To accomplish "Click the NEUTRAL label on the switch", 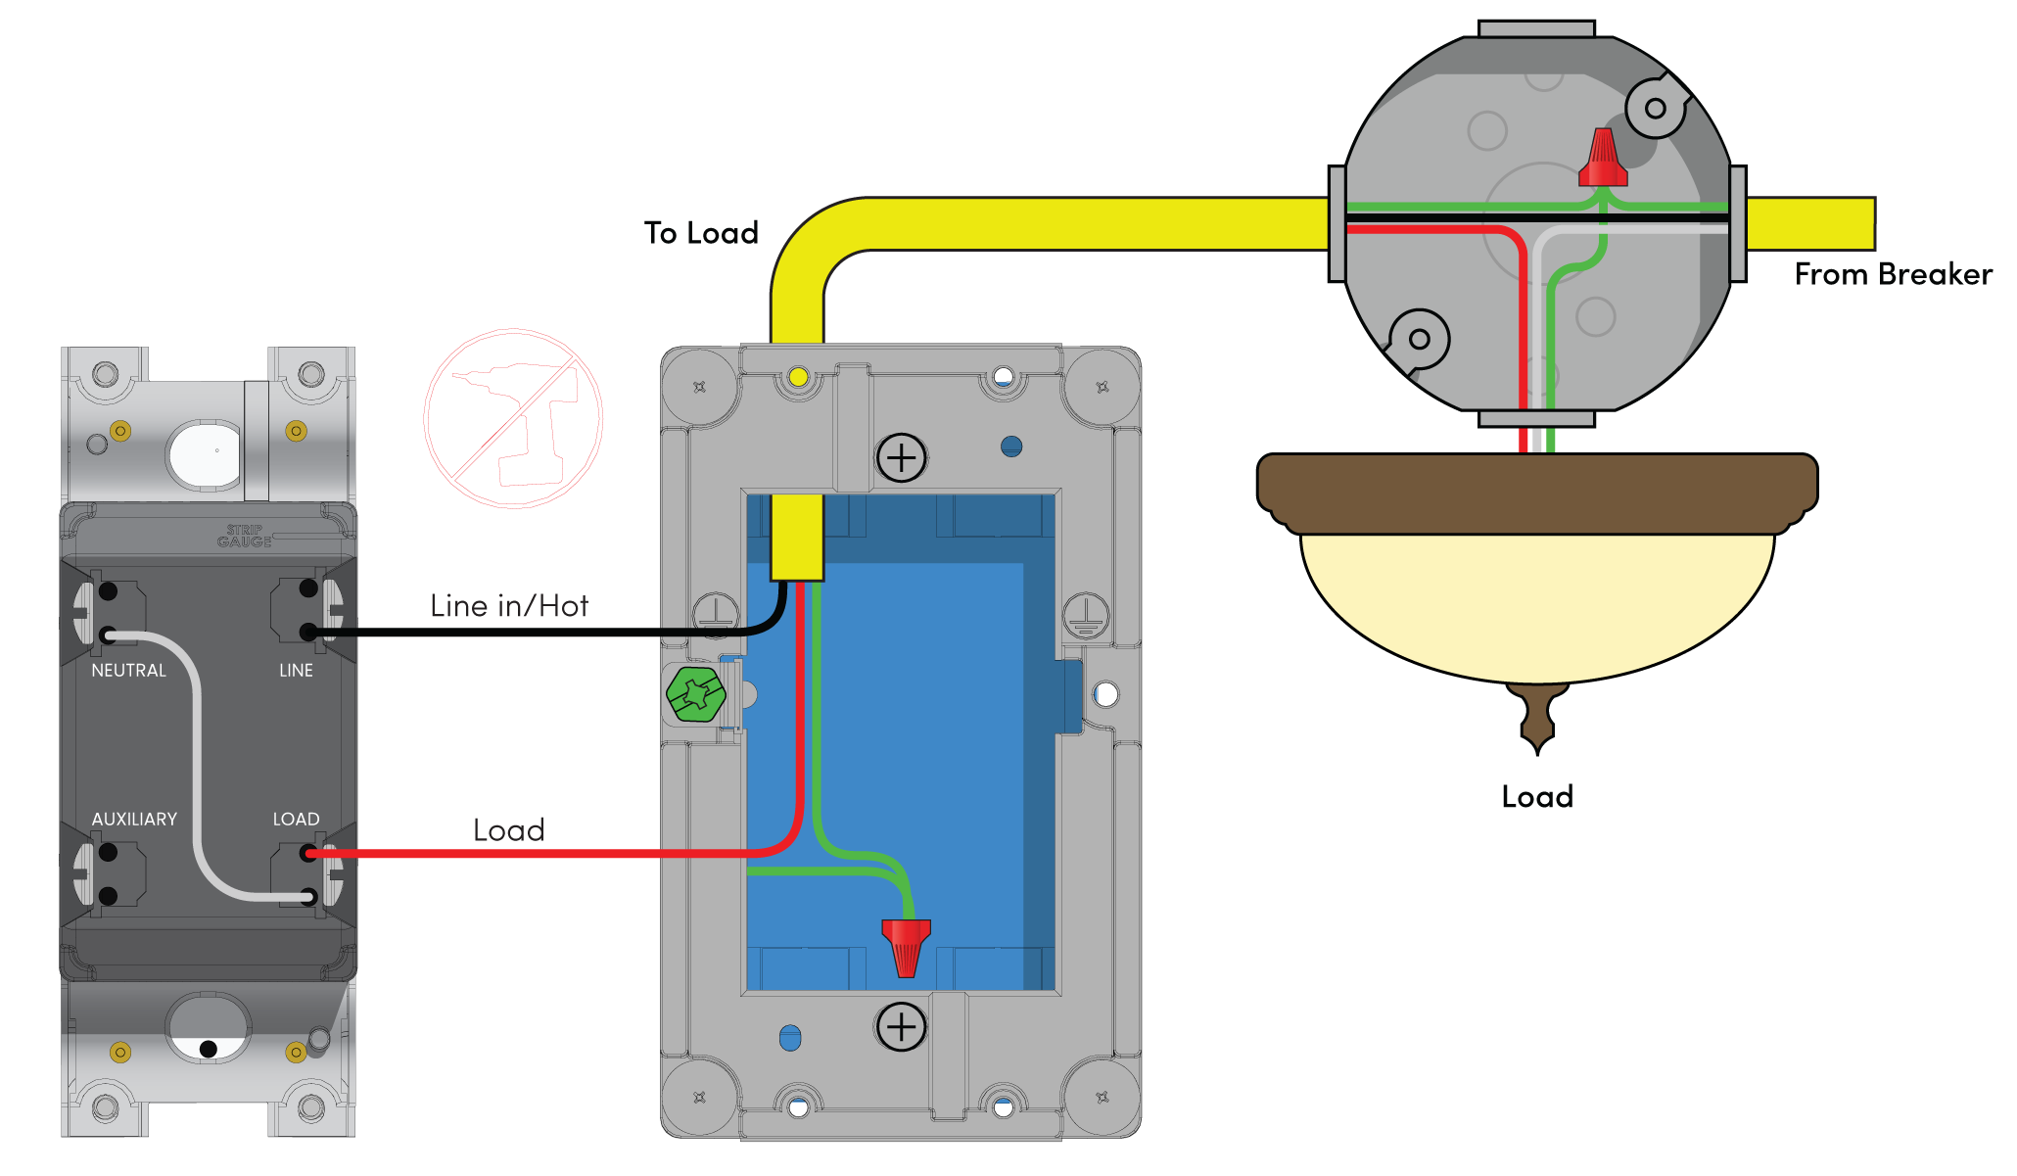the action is (x=128, y=671).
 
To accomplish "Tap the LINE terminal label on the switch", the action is (x=296, y=671).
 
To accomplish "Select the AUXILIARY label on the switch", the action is (x=134, y=820).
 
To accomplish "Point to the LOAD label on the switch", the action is (x=296, y=820).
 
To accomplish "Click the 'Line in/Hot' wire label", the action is (x=509, y=606).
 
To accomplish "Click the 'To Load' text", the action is (x=701, y=233).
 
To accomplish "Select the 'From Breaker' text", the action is (x=1893, y=274).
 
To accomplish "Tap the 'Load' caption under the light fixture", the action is (x=1537, y=797).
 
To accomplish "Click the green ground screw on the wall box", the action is (x=696, y=694).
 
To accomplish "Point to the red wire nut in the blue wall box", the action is (x=906, y=947).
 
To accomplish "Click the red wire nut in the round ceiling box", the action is (x=1603, y=158).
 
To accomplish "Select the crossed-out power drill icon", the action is (x=513, y=419).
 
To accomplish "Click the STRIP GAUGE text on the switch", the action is (x=244, y=536).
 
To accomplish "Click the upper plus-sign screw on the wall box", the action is (x=901, y=457).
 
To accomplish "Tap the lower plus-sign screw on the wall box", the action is (x=901, y=1027).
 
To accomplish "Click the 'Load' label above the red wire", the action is (x=508, y=830).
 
